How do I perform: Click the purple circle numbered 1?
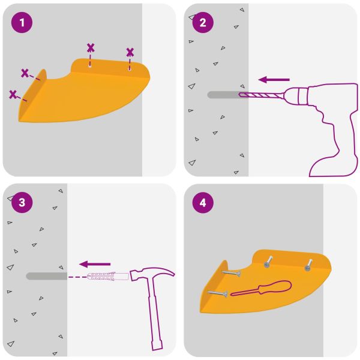coord(22,23)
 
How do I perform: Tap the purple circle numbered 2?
coord(203,23)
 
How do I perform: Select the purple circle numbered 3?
coord(22,203)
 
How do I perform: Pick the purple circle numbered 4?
coord(203,203)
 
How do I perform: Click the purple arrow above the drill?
coord(274,80)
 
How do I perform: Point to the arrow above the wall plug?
coord(95,264)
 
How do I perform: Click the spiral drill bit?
coord(261,95)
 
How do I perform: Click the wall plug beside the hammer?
coord(107,276)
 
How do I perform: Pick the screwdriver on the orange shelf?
coord(261,289)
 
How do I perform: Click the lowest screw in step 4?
coord(218,293)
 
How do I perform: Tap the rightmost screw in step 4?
coord(308,265)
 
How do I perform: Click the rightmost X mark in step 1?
coord(130,52)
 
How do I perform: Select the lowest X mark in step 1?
coord(13,95)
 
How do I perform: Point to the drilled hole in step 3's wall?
coord(47,276)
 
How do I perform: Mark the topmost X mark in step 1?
coord(91,48)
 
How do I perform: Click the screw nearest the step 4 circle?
coord(232,273)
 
